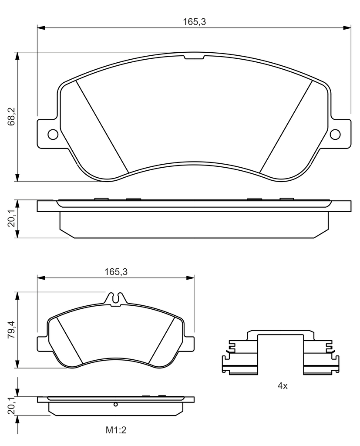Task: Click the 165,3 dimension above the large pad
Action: click(194, 22)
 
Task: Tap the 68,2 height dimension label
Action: click(12, 117)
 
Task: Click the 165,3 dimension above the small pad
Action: click(116, 272)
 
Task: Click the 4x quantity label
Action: click(283, 386)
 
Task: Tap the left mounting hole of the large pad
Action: click(53, 134)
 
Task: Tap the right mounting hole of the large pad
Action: click(336, 134)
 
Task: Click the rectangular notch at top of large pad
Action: click(194, 57)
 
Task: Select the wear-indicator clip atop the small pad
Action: click(116, 299)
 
